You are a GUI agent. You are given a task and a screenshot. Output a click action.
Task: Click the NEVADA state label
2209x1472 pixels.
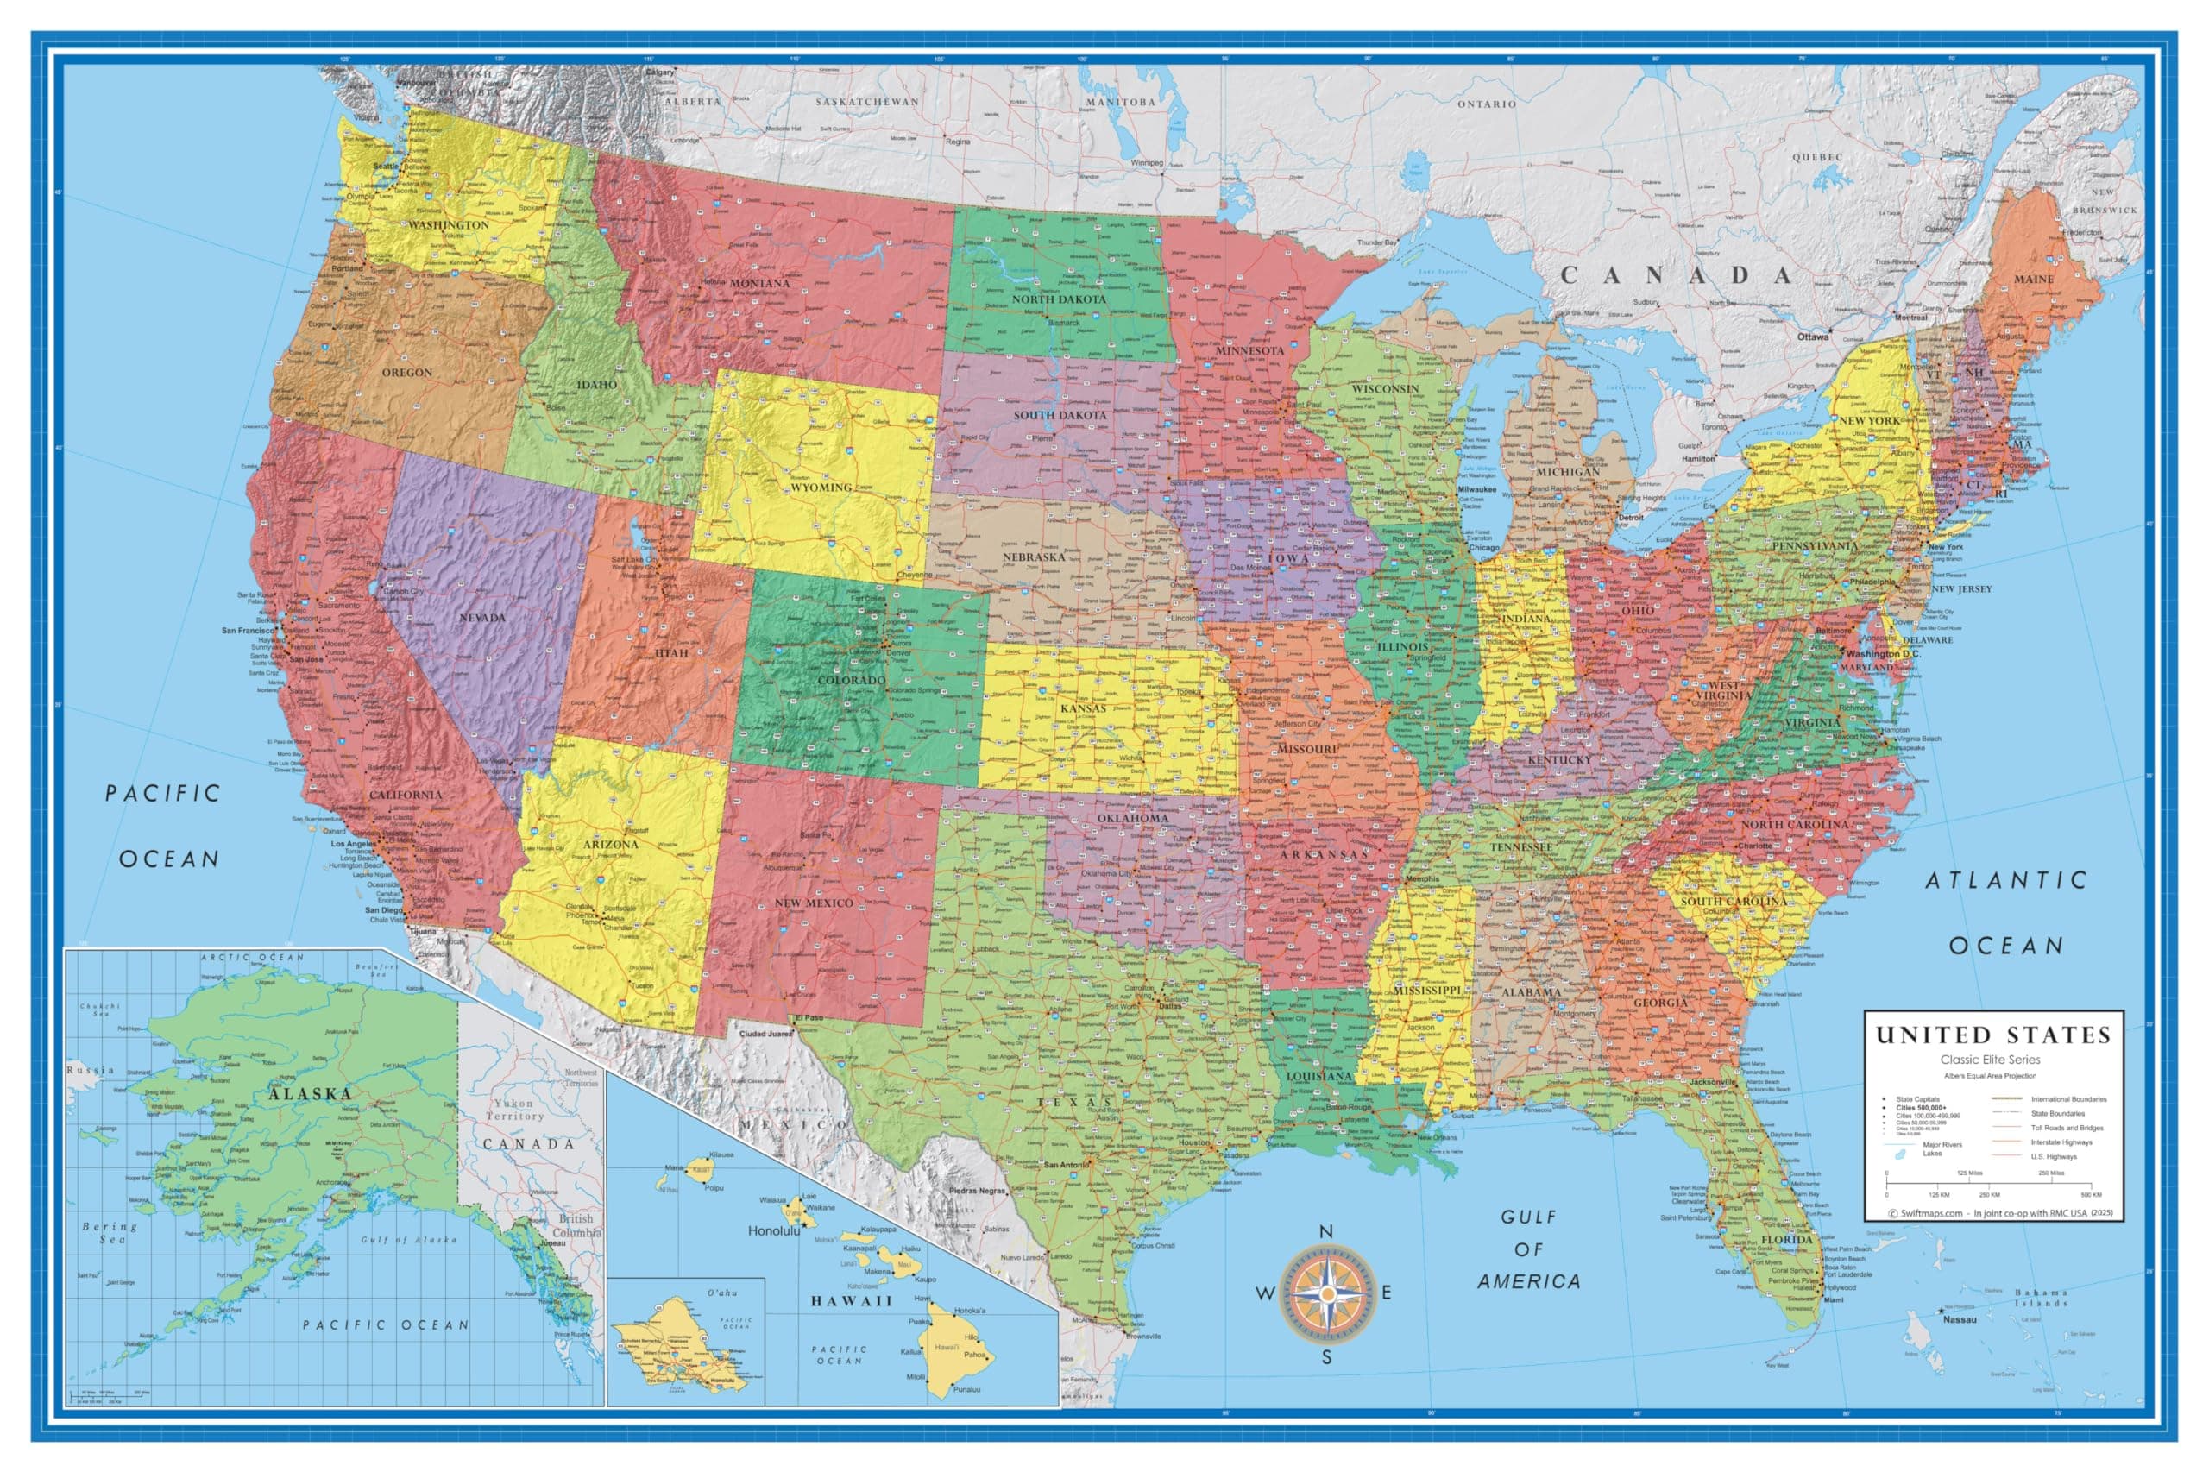coord(481,618)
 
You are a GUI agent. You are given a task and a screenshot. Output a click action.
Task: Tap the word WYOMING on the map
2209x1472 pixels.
coord(820,488)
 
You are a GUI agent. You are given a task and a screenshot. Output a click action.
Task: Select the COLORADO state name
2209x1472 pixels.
coord(851,680)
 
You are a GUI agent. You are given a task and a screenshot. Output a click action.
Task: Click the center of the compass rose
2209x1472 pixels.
coord(1327,1293)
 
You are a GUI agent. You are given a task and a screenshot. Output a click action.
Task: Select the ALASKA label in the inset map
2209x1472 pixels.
coord(310,1095)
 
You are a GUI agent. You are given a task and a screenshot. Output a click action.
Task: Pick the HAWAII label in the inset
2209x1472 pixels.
coord(852,1301)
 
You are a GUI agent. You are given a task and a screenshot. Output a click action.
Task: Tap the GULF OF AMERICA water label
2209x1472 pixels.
coord(1528,1249)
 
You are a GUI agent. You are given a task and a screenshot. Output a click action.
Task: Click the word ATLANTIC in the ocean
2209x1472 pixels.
coord(2005,881)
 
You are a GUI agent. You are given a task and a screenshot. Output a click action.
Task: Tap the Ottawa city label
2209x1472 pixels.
coord(1813,337)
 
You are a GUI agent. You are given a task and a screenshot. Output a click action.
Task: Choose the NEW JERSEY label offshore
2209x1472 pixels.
coord(1961,589)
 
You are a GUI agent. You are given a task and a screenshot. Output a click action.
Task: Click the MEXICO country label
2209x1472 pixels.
coord(793,1124)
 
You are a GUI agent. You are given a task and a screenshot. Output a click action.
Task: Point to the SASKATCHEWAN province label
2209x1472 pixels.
coord(866,102)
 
